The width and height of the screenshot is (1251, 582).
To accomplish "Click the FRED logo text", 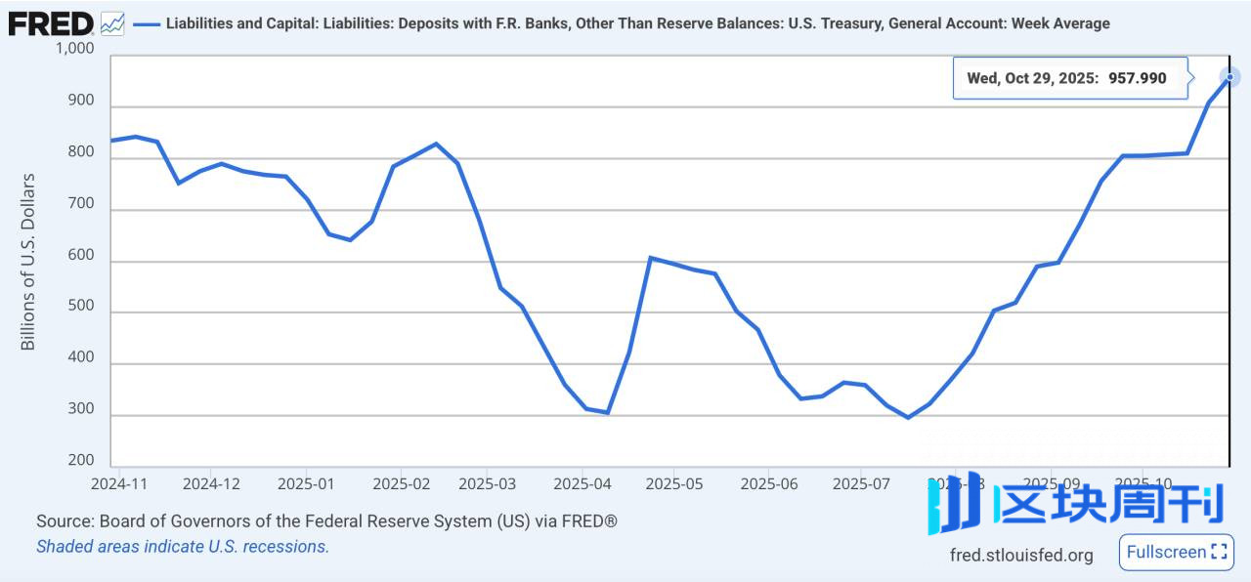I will click(x=51, y=22).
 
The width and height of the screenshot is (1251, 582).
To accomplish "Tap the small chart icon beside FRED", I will click(x=112, y=22).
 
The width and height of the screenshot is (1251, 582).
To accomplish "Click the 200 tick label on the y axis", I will click(x=81, y=460).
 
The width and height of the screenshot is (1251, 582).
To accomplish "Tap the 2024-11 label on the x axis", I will click(x=118, y=482).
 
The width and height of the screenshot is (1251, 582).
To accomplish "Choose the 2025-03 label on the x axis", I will click(x=487, y=482).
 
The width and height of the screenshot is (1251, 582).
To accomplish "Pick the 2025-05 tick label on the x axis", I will click(x=674, y=482).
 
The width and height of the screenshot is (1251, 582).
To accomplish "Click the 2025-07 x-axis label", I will click(x=861, y=482).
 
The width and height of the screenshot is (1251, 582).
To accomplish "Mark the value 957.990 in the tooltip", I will click(x=1137, y=78).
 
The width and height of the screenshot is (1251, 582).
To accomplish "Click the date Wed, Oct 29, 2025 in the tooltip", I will click(x=1033, y=78).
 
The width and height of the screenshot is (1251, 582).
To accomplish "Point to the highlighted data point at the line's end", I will click(x=1229, y=77).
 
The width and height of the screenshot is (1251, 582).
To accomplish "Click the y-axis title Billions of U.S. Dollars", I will click(x=27, y=262).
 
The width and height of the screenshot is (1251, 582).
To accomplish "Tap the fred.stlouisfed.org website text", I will click(x=1021, y=555).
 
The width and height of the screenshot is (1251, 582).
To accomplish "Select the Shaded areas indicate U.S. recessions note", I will click(x=183, y=547).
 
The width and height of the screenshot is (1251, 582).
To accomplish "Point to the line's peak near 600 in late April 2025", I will click(x=651, y=258).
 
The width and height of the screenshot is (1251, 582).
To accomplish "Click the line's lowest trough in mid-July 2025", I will click(x=908, y=417).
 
